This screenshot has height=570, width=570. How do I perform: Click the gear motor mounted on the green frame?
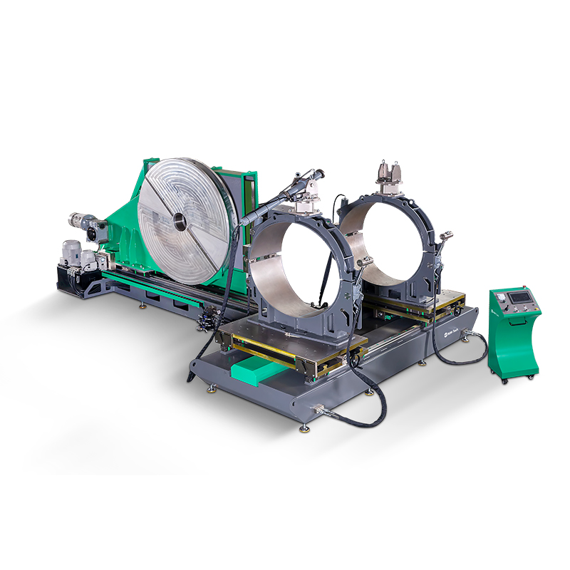coord(85,223)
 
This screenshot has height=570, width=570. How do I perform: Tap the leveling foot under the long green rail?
coord(142,306)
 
